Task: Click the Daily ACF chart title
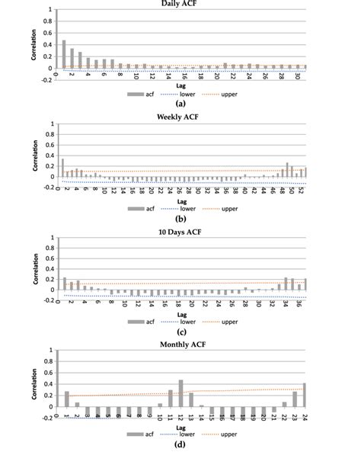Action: coord(180,5)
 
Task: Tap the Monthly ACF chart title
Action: coord(180,342)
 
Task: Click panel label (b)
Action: coord(180,215)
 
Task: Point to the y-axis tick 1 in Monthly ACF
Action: coord(48,350)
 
